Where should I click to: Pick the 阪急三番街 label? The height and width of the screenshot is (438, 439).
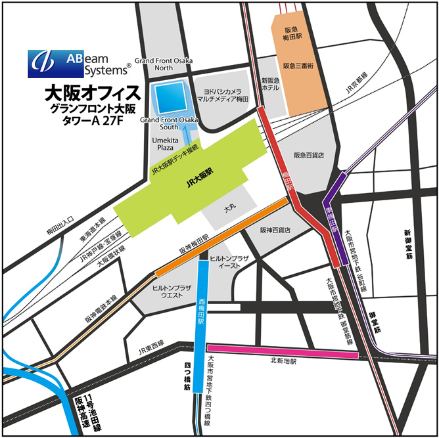tap(300, 66)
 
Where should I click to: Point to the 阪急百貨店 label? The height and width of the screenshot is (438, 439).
tap(309, 156)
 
